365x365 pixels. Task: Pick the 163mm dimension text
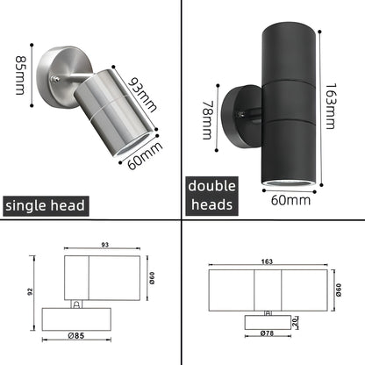329,105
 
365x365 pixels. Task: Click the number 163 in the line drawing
265,261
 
